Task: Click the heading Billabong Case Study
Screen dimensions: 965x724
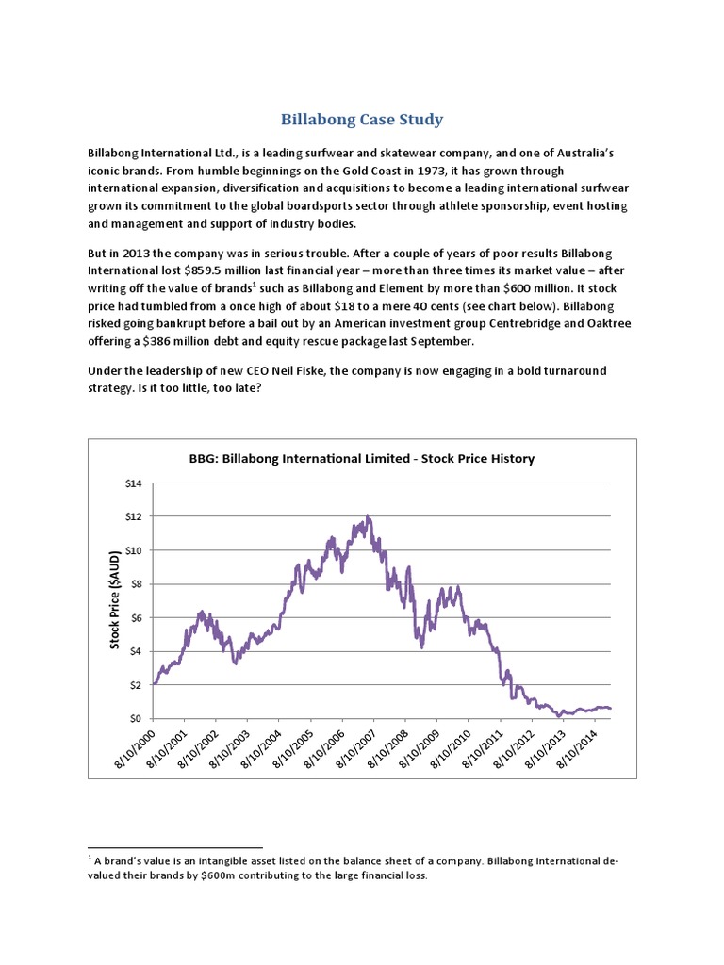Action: pos(362,120)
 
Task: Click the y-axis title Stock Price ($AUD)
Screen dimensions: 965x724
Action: pos(114,600)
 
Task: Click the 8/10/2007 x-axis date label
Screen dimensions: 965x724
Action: pos(355,753)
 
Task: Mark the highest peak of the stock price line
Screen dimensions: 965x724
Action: pos(368,515)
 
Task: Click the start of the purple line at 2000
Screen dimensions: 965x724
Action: pos(154,683)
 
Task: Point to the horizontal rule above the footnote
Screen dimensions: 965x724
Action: pos(174,847)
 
